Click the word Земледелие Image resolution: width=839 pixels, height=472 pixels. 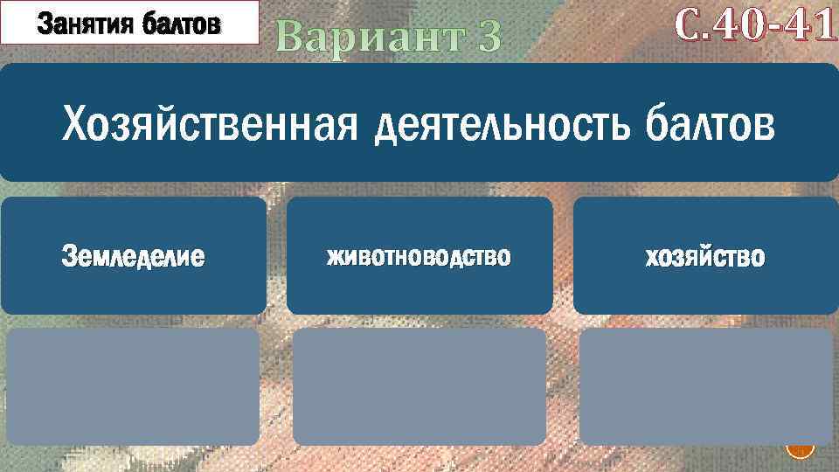(134, 257)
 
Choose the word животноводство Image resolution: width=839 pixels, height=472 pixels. (419, 257)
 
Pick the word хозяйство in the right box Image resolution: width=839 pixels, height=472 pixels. (704, 257)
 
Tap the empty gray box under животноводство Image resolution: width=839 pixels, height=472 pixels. (419, 386)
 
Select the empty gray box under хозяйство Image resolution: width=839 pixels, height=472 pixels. (706, 386)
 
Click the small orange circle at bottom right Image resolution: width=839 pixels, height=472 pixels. (800, 449)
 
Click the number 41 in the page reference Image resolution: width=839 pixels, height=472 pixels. (809, 29)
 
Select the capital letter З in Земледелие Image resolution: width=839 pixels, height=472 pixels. (68, 257)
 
